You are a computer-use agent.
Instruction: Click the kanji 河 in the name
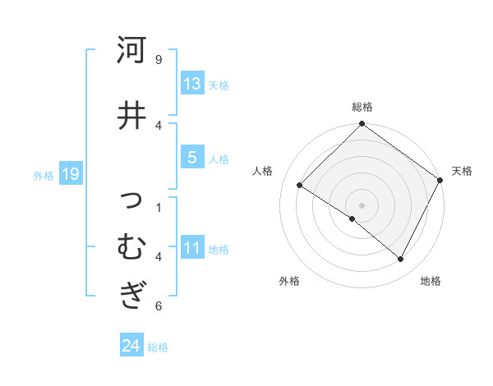pyautogui.click(x=131, y=51)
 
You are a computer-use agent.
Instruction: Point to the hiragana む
pyautogui.click(x=131, y=246)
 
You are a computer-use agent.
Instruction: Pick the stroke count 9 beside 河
pyautogui.click(x=159, y=60)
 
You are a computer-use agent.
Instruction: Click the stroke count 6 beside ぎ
pyautogui.click(x=159, y=306)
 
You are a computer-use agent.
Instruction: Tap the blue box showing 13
pyautogui.click(x=192, y=84)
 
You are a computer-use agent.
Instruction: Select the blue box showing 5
pyautogui.click(x=192, y=158)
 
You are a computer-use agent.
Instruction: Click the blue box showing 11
pyautogui.click(x=192, y=248)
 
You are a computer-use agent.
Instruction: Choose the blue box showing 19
pyautogui.click(x=70, y=173)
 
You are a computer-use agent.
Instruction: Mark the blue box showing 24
pyautogui.click(x=131, y=346)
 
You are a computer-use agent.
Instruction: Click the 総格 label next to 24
pyautogui.click(x=158, y=347)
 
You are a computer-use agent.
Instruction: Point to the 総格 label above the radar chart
pyautogui.click(x=362, y=107)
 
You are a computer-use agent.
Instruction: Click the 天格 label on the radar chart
pyautogui.click(x=462, y=171)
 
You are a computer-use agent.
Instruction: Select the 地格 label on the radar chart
pyautogui.click(x=431, y=281)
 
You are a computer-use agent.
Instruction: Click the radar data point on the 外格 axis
pyautogui.click(x=352, y=219)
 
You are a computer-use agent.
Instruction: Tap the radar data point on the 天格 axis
pyautogui.click(x=440, y=181)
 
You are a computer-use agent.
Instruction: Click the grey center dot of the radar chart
pyautogui.click(x=362, y=204)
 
